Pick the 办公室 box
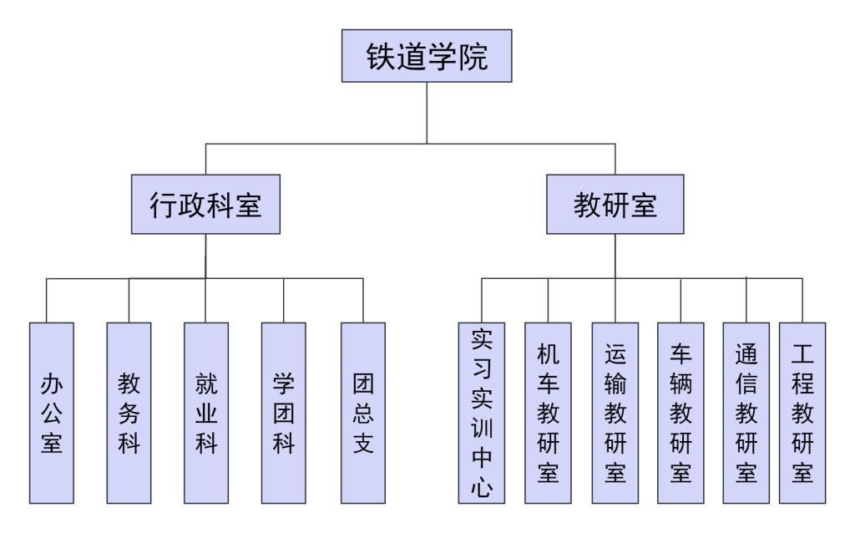coord(51,412)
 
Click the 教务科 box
coord(129,412)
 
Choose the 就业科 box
coord(206,412)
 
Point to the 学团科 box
coord(283,412)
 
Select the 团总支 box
coord(363,412)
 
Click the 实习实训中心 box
coord(481,412)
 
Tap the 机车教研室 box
coord(548,412)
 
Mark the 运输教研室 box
coord(615,412)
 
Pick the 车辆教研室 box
coord(680,412)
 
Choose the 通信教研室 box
coord(746,412)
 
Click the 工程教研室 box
coord(803,412)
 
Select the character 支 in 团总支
coord(363,442)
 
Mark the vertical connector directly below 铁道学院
coord(427,114)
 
